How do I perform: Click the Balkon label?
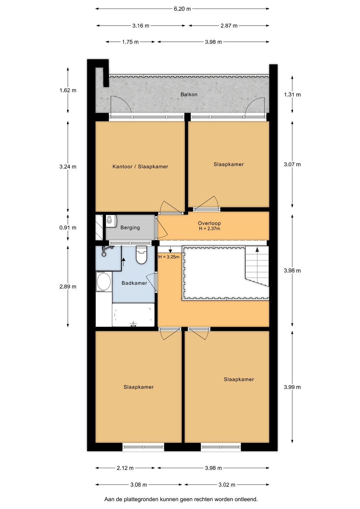pyautogui.click(x=189, y=94)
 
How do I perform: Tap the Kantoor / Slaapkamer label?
pyautogui.click(x=140, y=166)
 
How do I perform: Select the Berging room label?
pyautogui.click(x=130, y=227)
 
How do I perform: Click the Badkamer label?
pyautogui.click(x=134, y=283)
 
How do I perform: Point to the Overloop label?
pyautogui.click(x=209, y=223)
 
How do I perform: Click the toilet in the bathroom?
pyautogui.click(x=142, y=255)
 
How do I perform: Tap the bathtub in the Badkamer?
pyautogui.click(x=133, y=315)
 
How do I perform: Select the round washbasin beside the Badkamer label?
pyautogui.click(x=104, y=281)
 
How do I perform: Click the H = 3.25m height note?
pyautogui.click(x=169, y=257)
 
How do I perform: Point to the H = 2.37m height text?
pyautogui.click(x=209, y=228)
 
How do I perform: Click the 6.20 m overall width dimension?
pyautogui.click(x=182, y=9)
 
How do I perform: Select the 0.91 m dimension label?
pyautogui.click(x=68, y=227)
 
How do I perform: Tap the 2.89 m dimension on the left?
pyautogui.click(x=68, y=287)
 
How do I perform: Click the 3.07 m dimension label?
pyautogui.click(x=292, y=164)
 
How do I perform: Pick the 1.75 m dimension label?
pyautogui.click(x=130, y=42)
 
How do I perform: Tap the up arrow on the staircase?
pyautogui.click(x=257, y=249)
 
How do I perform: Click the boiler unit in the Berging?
pyautogui.click(x=111, y=221)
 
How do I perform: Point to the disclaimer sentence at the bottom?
pyautogui.click(x=181, y=499)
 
